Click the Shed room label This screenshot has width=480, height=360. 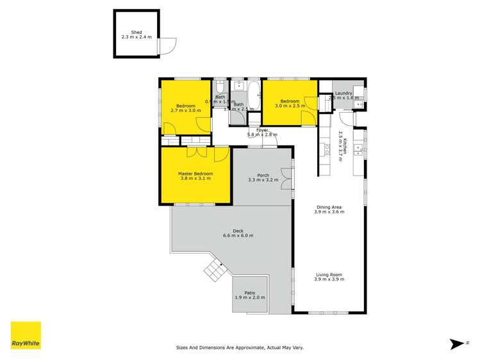click(136, 31)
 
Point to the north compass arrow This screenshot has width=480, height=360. click(457, 344)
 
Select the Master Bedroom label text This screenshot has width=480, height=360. click(195, 174)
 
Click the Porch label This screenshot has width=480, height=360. click(263, 176)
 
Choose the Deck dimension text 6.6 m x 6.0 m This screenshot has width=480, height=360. click(238, 236)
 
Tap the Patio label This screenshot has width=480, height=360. click(250, 293)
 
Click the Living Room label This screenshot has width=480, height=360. click(329, 275)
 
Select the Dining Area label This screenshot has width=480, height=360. click(329, 207)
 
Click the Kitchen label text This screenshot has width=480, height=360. click(345, 147)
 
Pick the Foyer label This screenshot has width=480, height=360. click(262, 130)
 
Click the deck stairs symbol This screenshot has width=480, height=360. click(213, 268)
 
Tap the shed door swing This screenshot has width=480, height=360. click(169, 45)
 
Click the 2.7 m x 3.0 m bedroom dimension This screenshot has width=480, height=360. click(185, 111)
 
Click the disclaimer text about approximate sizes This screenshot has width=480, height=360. click(240, 348)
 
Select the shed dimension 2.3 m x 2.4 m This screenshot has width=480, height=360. click(136, 37)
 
